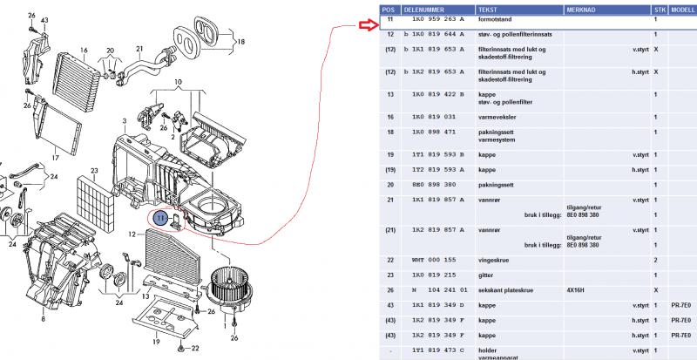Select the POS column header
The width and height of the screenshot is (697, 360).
(389, 6)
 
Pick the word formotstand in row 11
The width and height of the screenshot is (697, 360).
(497, 18)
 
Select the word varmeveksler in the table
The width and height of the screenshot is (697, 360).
(499, 117)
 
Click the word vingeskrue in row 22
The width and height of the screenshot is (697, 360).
(496, 261)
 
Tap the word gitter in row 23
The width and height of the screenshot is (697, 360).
(488, 275)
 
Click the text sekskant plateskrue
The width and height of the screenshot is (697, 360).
(505, 289)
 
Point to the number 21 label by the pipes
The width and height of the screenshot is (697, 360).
(139, 49)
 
